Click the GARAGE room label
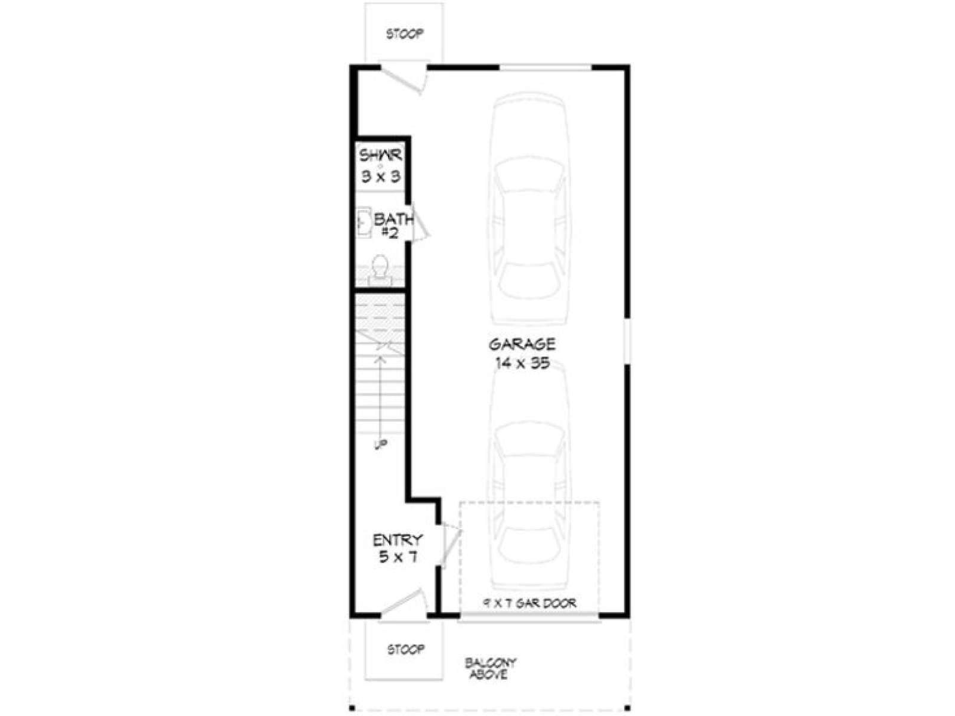click(x=522, y=344)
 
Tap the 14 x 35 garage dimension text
click(x=522, y=363)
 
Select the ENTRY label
click(x=398, y=541)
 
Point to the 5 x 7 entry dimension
click(x=398, y=557)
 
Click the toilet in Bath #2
click(x=380, y=270)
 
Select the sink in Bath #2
click(x=363, y=223)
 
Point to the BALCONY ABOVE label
click(x=491, y=669)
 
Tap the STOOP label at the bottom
click(x=406, y=650)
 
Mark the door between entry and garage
click(x=450, y=544)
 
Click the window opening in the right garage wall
click(x=627, y=341)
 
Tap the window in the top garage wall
click(x=546, y=67)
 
